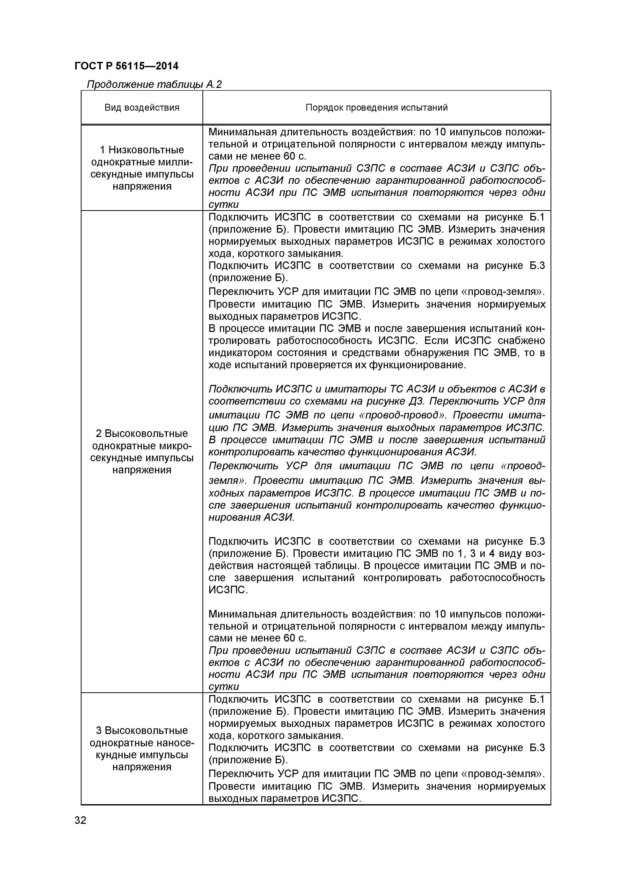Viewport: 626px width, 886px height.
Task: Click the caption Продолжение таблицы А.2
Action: tap(154, 84)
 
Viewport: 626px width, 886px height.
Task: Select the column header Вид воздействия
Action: tap(142, 108)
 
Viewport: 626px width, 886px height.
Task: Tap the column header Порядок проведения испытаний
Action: tap(376, 108)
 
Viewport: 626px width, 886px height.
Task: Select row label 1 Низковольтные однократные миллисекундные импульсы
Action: tap(142, 168)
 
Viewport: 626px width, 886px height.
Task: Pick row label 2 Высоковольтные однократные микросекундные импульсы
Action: tap(142, 451)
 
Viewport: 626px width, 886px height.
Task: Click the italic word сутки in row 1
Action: tap(224, 205)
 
